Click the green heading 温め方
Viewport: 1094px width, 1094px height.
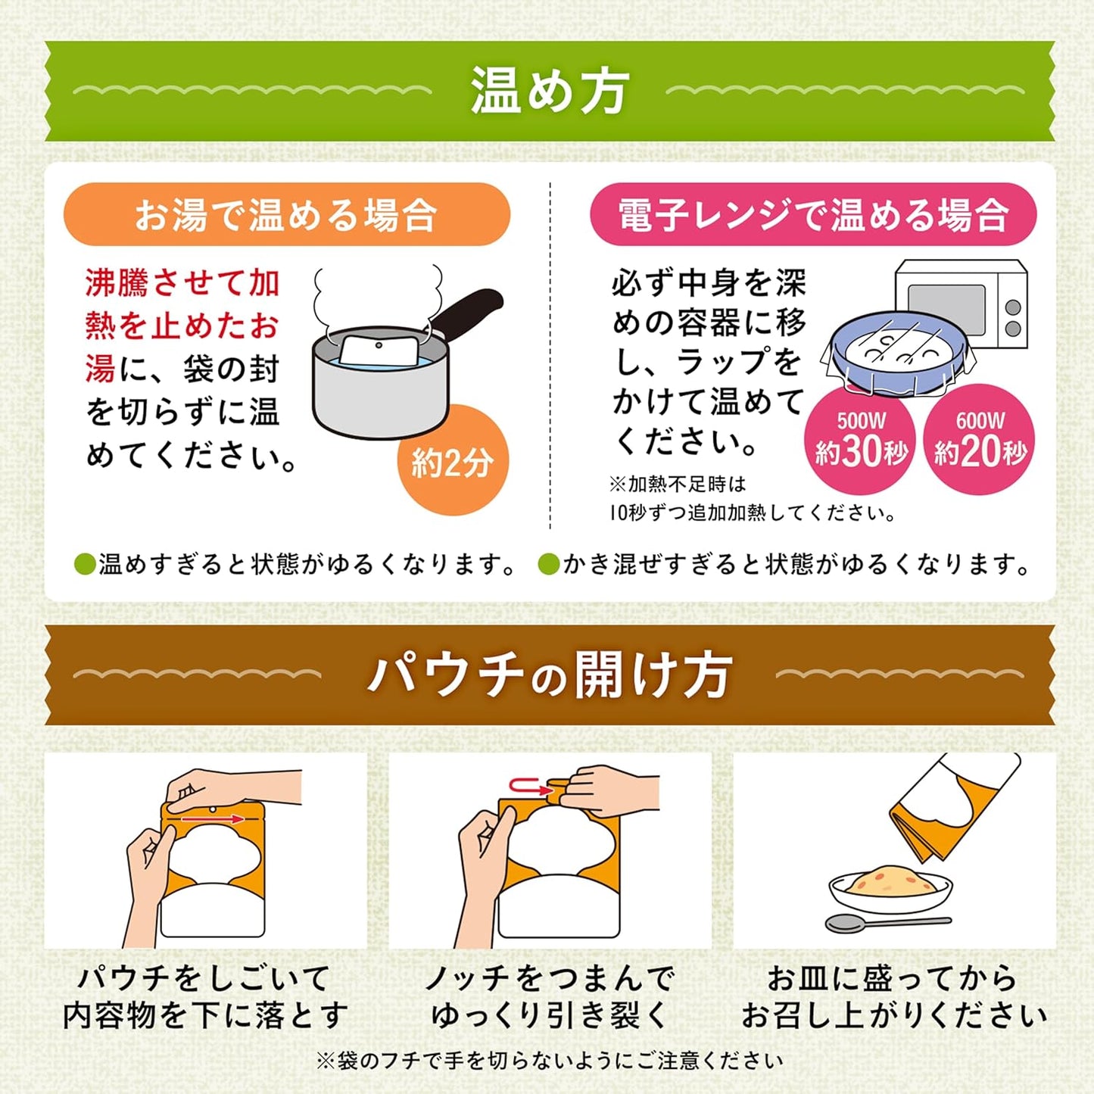coord(549,92)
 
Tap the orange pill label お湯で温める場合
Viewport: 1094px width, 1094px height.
coord(287,214)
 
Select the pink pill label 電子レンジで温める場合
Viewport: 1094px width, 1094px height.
coord(814,214)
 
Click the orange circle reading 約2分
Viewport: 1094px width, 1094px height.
coord(453,460)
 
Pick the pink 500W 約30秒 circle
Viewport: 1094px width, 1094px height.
coord(861,439)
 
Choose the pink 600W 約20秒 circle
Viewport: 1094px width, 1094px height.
coord(980,439)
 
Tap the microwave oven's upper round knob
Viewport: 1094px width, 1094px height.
coord(1013,307)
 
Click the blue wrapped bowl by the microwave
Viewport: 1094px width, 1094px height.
coord(897,354)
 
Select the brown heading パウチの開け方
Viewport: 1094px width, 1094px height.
coord(549,675)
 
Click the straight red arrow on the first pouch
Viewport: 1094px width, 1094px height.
coord(213,818)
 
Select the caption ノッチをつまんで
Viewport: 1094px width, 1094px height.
coord(550,977)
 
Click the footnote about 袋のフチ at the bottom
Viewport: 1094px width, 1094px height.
coord(549,1060)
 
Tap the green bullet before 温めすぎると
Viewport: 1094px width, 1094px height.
coord(85,565)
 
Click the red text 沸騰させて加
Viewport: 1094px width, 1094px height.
coord(182,282)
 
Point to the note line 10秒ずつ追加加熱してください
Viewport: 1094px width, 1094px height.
coord(752,513)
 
